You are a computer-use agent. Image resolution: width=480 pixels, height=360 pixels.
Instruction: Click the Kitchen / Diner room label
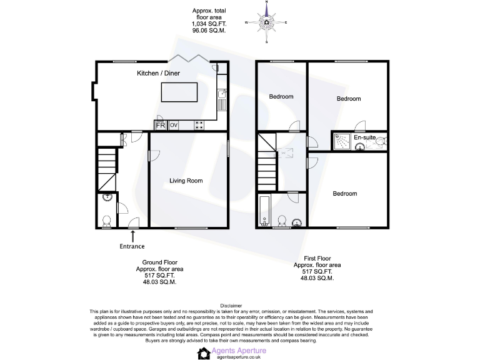pos(159,73)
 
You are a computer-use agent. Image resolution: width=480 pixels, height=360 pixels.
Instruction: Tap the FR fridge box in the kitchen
pos(160,125)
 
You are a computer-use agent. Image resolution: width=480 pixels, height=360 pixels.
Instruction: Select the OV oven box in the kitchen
pos(174,125)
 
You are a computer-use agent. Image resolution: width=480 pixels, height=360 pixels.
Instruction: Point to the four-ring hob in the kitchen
pos(201,125)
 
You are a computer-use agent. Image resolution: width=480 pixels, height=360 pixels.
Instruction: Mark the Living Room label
pos(186,181)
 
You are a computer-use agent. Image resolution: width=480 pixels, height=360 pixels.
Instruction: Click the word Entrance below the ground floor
pos(132,246)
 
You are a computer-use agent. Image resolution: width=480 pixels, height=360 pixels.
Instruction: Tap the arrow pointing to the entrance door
pos(132,234)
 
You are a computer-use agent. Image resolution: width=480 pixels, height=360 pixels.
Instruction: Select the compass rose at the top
pos(267,23)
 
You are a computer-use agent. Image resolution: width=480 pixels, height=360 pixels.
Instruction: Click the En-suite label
pos(364,137)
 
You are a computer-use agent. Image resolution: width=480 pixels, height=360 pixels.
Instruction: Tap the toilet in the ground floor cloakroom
pos(106,221)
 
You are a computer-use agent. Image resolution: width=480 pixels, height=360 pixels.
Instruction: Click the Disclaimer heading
pos(239,306)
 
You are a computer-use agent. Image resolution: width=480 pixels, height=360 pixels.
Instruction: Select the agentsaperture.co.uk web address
pos(239,357)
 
